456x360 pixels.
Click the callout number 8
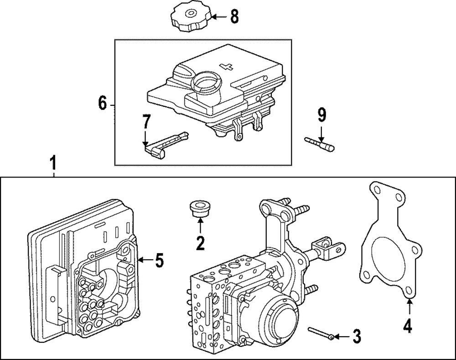234,16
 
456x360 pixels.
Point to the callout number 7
146,122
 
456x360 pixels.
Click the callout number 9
321,115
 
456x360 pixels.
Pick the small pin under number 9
319,144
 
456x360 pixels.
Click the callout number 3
357,336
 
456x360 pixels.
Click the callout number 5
160,260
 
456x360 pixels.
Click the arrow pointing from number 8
220,17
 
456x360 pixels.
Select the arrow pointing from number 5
145,260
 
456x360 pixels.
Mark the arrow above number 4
409,307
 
